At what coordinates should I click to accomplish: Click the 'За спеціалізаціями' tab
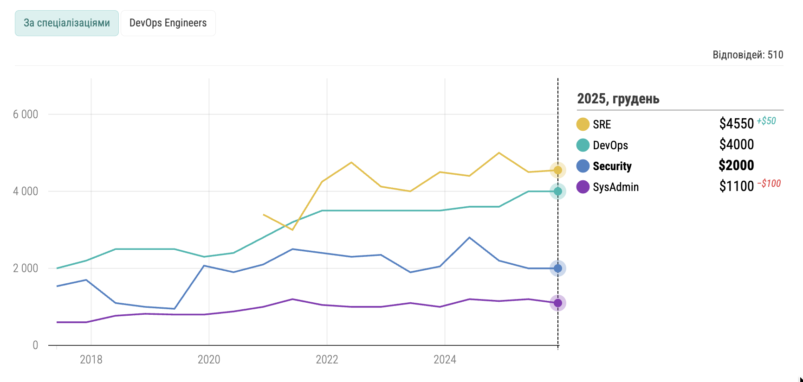[x=67, y=23]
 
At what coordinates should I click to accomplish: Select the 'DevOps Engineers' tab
[x=168, y=23]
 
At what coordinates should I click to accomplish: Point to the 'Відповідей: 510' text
[x=747, y=55]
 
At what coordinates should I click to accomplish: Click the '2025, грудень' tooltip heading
[x=618, y=99]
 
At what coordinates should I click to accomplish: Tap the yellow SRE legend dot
[x=583, y=124]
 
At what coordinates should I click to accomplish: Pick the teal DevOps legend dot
[x=583, y=145]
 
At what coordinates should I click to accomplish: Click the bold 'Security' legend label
[x=612, y=166]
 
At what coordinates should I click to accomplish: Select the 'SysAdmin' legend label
[x=615, y=187]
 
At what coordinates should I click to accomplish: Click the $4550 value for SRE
[x=736, y=124]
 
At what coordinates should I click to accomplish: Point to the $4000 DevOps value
[x=736, y=145]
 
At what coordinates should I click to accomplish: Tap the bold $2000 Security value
[x=736, y=166]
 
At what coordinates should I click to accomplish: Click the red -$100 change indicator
[x=769, y=184]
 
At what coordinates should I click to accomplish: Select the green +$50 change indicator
[x=766, y=121]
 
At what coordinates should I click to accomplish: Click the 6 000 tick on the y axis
[x=26, y=115]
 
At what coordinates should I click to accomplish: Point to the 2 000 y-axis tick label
[x=26, y=268]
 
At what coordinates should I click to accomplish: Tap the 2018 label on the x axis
[x=91, y=360]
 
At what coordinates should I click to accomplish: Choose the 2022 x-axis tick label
[x=327, y=360]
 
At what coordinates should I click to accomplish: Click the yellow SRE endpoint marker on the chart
[x=558, y=171]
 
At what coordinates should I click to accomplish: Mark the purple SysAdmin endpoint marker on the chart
[x=558, y=303]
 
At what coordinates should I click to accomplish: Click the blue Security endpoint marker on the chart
[x=558, y=268]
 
